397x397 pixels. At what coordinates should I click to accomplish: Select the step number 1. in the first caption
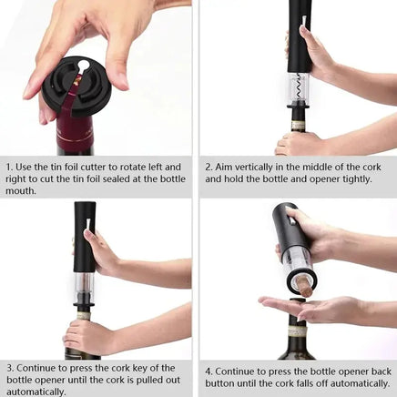click(x=10, y=168)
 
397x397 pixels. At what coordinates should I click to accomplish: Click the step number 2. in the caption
click(x=209, y=168)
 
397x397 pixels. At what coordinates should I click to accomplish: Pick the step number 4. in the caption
click(x=209, y=372)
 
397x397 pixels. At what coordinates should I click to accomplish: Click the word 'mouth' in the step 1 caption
click(x=22, y=191)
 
